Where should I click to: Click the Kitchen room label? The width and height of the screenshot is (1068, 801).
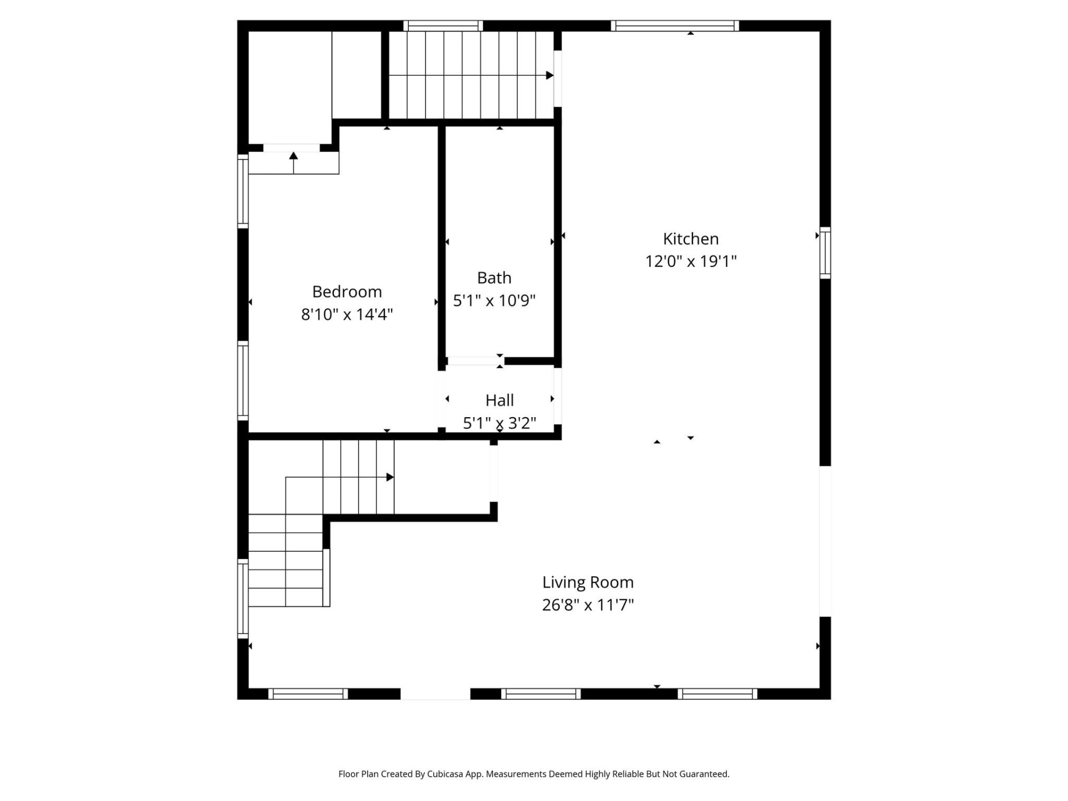pos(690,239)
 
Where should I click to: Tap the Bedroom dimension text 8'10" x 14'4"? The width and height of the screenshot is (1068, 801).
pos(347,314)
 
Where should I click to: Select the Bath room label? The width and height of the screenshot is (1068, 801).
pos(494,278)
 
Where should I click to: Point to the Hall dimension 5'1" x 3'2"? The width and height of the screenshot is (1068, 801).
pos(499,423)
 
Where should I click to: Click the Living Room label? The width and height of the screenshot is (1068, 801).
pos(588,582)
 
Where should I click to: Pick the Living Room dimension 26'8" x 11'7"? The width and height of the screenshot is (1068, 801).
pos(588,605)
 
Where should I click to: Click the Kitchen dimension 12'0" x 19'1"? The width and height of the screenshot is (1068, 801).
pos(690,261)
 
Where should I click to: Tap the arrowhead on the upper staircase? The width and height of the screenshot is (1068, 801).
pos(550,75)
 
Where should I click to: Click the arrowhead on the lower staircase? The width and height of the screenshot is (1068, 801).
pos(390,477)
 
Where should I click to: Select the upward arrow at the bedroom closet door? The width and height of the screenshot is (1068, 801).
pos(294,156)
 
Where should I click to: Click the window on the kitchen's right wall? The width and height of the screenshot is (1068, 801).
pos(825,253)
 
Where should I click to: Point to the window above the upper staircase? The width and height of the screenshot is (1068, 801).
pos(443,26)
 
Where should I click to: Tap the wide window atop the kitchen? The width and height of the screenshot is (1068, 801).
pos(675,26)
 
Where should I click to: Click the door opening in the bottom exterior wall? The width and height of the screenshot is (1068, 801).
pos(435,694)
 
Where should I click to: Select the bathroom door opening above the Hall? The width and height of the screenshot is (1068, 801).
pos(474,361)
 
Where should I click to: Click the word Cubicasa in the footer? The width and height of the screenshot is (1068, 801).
pos(445,774)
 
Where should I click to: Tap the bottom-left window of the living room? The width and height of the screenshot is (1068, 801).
pos(308,694)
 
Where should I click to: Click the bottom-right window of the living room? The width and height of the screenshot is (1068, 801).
pos(718,694)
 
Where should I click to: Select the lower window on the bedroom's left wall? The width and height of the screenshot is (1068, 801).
pos(243,380)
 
